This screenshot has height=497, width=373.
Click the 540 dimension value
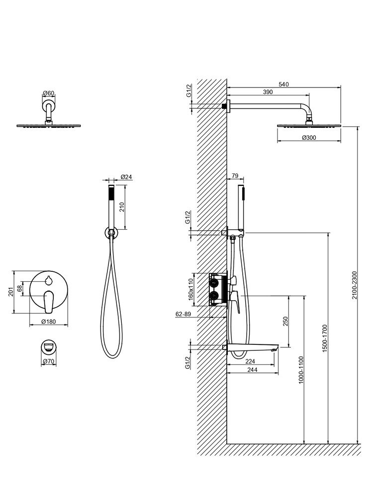click(283, 84)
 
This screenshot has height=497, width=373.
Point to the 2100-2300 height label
click(354, 285)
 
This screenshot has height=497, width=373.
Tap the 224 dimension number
click(250, 361)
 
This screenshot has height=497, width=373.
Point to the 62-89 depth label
click(184, 314)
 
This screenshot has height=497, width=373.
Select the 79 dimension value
click(235, 176)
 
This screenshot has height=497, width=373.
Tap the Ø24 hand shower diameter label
click(126, 176)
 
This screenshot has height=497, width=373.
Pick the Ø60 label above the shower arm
click(48, 93)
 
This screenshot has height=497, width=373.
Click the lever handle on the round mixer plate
click(48, 299)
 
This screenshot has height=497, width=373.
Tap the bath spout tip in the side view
click(275, 349)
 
